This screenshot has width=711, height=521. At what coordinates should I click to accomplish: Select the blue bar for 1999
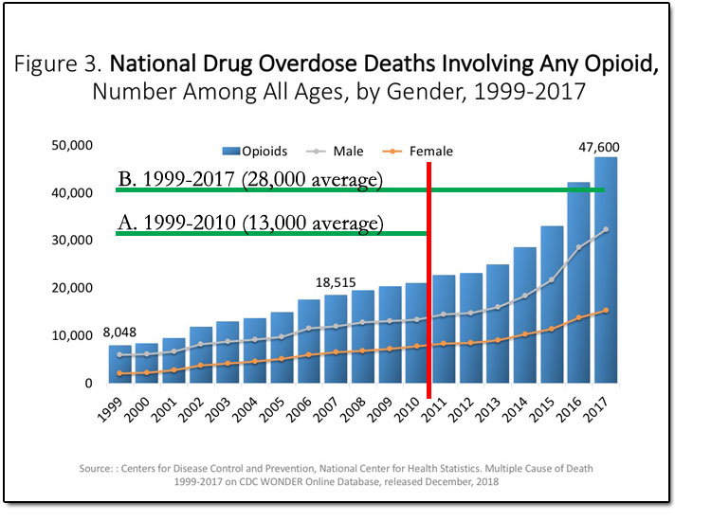tap(119, 365)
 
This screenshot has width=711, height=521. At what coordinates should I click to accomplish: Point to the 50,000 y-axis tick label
tap(72, 146)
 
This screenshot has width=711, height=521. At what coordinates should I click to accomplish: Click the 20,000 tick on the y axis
tap(72, 289)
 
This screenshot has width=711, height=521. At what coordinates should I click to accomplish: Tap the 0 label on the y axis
tap(88, 384)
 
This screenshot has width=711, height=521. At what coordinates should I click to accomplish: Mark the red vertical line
tap(429, 284)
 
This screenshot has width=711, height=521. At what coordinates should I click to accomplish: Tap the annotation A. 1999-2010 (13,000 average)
tap(250, 223)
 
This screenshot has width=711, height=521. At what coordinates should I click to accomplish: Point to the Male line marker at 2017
tap(606, 229)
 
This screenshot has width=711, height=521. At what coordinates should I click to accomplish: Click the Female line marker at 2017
tap(606, 310)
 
